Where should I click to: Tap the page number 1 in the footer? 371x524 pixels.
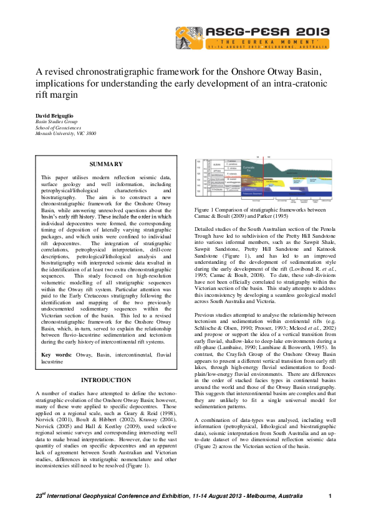[x=330, y=495]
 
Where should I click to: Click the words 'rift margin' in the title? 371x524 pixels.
[x=57, y=95]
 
